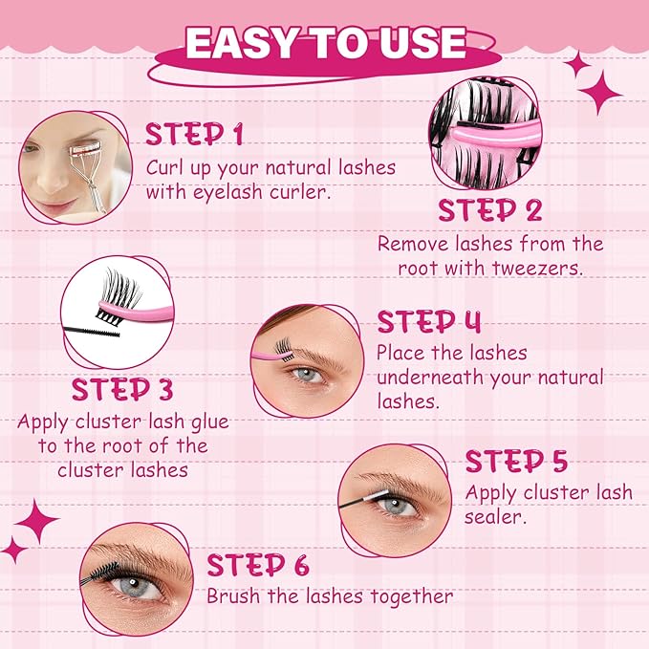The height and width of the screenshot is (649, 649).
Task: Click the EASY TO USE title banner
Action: tap(325, 44)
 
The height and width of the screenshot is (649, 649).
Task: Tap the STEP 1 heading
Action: tap(193, 135)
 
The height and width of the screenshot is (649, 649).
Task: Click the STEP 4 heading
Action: tap(429, 321)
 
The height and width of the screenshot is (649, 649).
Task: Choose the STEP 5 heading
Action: tap(516, 463)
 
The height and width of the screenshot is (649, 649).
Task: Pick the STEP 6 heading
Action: tap(258, 565)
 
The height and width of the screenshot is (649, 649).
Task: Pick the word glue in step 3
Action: tap(206, 422)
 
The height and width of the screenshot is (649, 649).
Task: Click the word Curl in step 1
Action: tap(166, 167)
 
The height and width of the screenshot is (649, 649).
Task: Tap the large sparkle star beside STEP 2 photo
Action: tap(600, 92)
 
